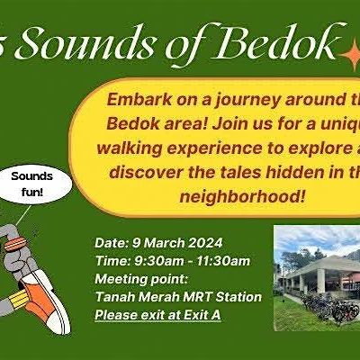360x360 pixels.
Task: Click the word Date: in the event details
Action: click(110, 242)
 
